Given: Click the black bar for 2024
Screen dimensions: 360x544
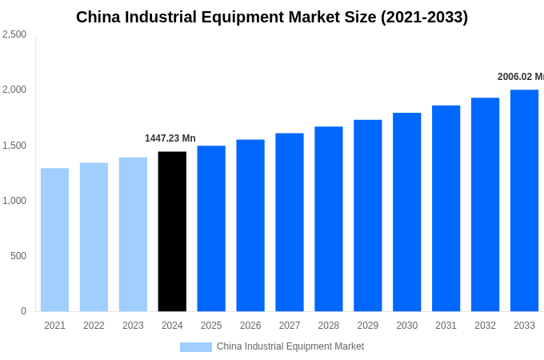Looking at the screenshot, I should point(172,231).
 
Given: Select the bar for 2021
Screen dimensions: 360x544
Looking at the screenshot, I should point(54,239).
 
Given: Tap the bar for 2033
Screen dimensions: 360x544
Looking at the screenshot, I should point(524,200).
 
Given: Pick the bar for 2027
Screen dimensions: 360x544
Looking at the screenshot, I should point(290,222).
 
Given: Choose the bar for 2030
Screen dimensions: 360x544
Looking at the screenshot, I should point(406,212).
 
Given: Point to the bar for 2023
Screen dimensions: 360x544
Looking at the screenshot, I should point(133,234).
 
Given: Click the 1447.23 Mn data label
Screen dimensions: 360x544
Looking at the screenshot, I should point(170,138).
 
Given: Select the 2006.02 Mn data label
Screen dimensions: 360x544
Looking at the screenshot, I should point(520,77).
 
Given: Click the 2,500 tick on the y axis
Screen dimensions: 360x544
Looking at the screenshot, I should point(14,34).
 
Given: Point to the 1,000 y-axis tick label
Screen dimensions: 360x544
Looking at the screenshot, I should point(14,201).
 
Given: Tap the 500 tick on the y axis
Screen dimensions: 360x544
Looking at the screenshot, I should point(18,256).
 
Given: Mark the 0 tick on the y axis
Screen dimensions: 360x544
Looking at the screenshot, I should point(23,311).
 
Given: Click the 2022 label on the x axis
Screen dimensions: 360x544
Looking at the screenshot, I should point(94,326).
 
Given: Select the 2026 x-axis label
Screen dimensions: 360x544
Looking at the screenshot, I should point(250,326).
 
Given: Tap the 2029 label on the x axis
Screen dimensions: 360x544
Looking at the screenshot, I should point(367,326).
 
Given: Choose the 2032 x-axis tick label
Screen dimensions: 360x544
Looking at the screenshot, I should point(485,326).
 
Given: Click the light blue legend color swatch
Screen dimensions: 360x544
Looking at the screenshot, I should point(196,347).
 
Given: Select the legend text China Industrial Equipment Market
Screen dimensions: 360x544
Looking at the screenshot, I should point(290,346).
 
